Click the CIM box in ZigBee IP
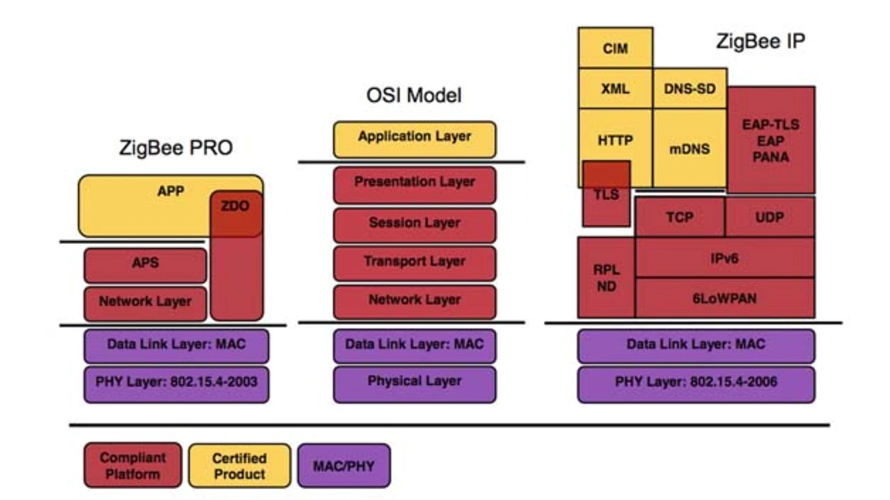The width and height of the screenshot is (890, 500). [x=615, y=48]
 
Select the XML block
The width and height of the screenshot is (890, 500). [x=615, y=88]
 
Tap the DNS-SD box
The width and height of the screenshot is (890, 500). [x=690, y=88]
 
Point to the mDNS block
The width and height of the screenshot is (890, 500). [x=690, y=148]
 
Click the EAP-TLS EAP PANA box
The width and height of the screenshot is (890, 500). [x=771, y=140]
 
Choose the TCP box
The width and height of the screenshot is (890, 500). [x=680, y=217]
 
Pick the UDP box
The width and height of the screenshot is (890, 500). [x=770, y=217]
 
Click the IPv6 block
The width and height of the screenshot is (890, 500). [x=725, y=257]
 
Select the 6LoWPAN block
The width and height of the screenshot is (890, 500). [x=725, y=298]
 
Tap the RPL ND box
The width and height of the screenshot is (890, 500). [x=606, y=277]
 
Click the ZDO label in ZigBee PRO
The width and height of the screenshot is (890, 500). [x=235, y=206]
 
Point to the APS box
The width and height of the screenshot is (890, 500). [x=145, y=266]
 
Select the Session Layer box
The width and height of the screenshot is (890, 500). [x=415, y=225]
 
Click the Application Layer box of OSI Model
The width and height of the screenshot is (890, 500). [x=415, y=140]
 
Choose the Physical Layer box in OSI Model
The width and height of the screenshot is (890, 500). [x=415, y=385]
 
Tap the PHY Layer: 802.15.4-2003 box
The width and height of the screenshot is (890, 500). [x=177, y=385]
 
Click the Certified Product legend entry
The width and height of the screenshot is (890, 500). [x=240, y=465]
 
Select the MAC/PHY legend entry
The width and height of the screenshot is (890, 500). [x=344, y=465]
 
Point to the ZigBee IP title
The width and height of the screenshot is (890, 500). [x=761, y=41]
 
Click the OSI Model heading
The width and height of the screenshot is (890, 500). [x=414, y=95]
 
